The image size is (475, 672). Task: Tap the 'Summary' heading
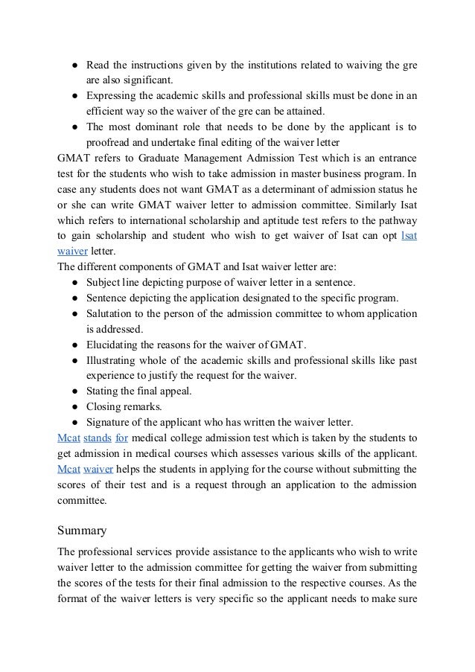coord(82,531)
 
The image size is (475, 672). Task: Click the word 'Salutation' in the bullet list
coord(112,314)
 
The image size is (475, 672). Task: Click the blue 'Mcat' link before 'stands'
coord(68,438)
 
